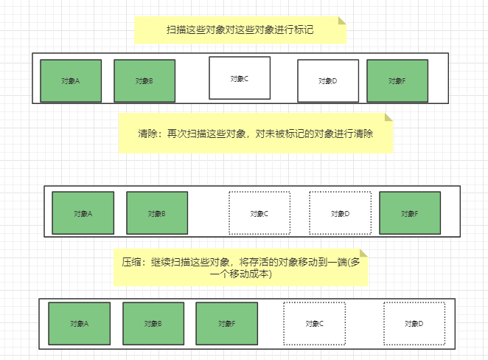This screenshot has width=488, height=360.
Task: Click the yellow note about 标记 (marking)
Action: tap(240, 30)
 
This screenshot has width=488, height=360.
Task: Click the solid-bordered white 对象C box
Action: tap(240, 77)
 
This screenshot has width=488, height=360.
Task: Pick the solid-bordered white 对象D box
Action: tap(328, 80)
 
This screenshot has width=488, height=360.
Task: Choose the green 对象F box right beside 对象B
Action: tap(226, 323)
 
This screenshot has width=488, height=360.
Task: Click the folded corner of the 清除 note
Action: tap(388, 117)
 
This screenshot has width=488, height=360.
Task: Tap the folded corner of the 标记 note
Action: tap(341, 21)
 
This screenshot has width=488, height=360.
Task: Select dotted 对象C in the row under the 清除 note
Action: tap(259, 213)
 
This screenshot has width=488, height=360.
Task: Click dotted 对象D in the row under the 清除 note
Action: tap(339, 213)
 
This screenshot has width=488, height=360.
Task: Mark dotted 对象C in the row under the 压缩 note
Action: tap(315, 323)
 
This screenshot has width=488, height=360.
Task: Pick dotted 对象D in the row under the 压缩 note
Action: tap(414, 323)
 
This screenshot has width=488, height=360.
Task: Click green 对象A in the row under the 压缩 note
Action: tap(80, 323)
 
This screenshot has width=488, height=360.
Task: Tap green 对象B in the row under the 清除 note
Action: tap(157, 213)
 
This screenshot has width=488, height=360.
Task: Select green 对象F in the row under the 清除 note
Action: tap(410, 213)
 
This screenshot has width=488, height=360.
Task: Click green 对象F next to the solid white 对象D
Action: tap(397, 80)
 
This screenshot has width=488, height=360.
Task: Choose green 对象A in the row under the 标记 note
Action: tap(71, 80)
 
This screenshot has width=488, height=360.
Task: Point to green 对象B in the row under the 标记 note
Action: tap(144, 80)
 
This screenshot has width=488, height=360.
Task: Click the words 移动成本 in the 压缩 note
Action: tap(251, 274)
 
